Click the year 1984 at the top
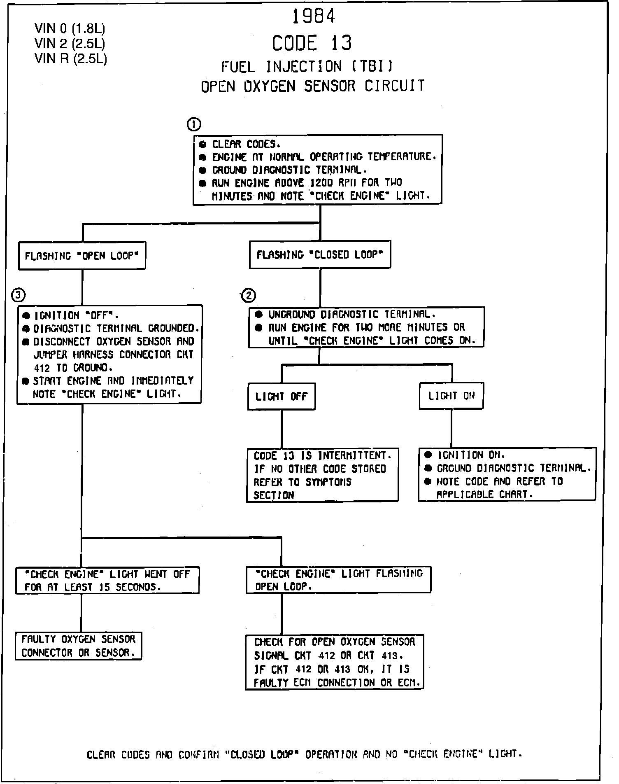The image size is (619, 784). (313, 16)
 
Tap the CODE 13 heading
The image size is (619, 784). (312, 43)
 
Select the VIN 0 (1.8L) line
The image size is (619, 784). (70, 28)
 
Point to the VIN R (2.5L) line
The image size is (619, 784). (71, 58)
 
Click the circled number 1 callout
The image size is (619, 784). (194, 124)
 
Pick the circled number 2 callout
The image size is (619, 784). (249, 295)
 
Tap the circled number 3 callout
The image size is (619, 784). (19, 294)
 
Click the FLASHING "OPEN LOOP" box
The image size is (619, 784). (82, 256)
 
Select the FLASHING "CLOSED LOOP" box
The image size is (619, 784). (320, 255)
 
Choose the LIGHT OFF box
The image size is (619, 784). (282, 397)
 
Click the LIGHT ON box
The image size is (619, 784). (451, 396)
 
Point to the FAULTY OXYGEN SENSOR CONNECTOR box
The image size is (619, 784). (78, 646)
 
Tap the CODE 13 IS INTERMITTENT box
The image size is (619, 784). (322, 475)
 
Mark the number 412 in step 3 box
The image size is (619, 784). (42, 367)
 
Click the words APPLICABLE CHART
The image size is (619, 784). (484, 495)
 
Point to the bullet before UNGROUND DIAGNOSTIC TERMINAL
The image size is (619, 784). (259, 315)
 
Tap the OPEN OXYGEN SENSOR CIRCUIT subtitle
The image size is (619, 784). (312, 86)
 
